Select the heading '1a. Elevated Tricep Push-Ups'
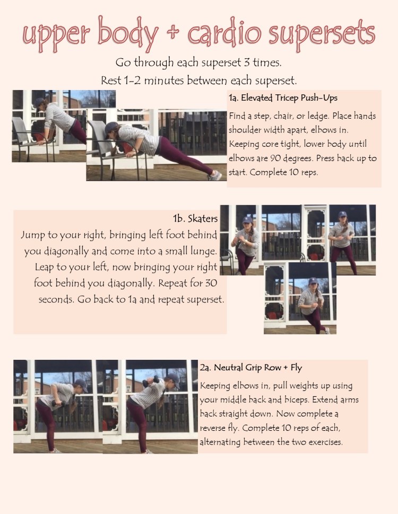coord(283,98)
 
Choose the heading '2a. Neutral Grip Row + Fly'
coord(251,367)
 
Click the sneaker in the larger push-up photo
coord(214,175)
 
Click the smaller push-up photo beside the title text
coord(49,126)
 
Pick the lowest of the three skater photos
coord(300,298)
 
